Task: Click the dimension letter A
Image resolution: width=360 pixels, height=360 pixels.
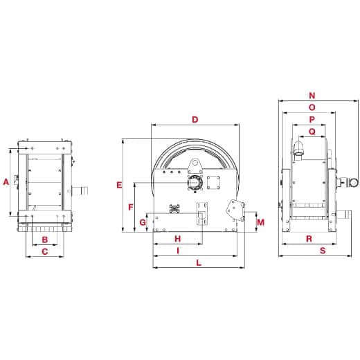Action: click(x=6, y=182)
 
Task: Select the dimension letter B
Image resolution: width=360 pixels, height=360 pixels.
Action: click(x=44, y=240)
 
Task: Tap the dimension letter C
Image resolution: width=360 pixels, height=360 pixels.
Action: click(x=44, y=253)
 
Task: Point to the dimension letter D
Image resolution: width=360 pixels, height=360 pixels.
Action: click(x=195, y=120)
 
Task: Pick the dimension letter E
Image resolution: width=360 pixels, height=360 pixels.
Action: click(x=119, y=185)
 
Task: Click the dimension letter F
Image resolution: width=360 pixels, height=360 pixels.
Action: click(x=131, y=207)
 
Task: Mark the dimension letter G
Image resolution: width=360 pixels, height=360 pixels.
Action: click(x=143, y=222)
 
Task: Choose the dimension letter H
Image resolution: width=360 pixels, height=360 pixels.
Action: click(x=177, y=239)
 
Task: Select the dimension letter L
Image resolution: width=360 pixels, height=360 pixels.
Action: click(x=199, y=262)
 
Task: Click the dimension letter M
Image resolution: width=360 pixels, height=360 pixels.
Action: click(x=260, y=222)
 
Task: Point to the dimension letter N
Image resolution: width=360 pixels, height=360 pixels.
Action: click(x=312, y=96)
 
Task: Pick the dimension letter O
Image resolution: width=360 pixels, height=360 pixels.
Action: click(x=312, y=107)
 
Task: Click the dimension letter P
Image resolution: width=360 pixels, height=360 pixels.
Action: click(x=312, y=119)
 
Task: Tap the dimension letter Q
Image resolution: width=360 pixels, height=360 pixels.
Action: click(x=312, y=131)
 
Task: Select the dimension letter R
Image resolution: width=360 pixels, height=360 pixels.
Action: click(x=307, y=239)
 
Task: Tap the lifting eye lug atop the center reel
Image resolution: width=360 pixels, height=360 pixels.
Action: click(x=195, y=164)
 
